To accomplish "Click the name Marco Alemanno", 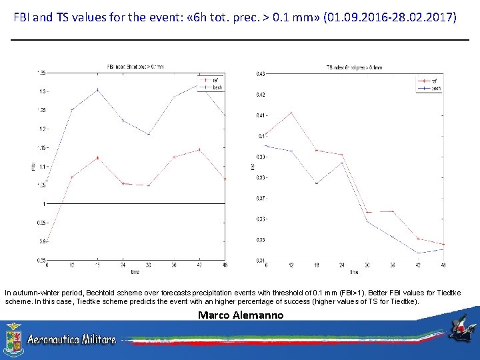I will coord(241,315).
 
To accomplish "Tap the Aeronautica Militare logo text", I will coord(71,339).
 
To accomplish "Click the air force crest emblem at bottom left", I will coord(13,339).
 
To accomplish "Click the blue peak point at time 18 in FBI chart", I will coord(98,89).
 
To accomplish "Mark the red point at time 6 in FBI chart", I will coord(47,241).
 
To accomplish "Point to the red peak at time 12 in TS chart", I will coord(291,113).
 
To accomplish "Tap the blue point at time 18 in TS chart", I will coord(317,183).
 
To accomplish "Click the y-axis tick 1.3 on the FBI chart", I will coord(42,91).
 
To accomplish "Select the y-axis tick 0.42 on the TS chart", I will coord(260,95).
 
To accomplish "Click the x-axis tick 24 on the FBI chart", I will coord(123,265).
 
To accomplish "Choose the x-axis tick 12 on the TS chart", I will coord(291,265).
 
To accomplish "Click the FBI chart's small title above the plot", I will coord(135,67).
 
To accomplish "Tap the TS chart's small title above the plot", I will coord(354,67).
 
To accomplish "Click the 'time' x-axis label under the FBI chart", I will coord(135,271).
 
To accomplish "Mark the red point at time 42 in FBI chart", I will coord(199,150).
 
